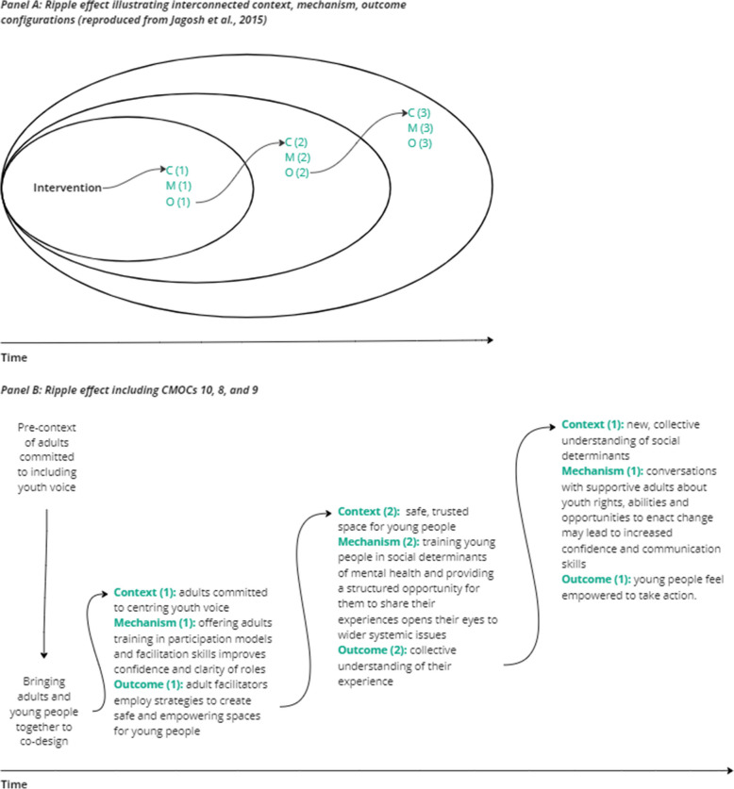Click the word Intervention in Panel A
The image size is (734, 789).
[67, 188]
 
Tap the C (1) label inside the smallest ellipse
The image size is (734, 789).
[177, 171]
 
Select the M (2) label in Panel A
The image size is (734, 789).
[297, 157]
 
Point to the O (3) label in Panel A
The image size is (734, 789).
[419, 142]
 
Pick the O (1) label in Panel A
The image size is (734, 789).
[177, 201]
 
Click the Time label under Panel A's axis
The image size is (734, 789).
[13, 358]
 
